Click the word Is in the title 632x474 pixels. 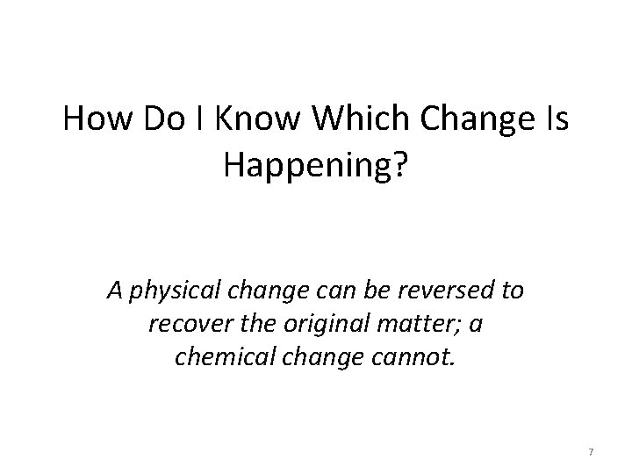tap(553, 119)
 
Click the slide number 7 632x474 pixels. tap(591, 451)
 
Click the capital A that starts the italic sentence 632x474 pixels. tap(114, 291)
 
